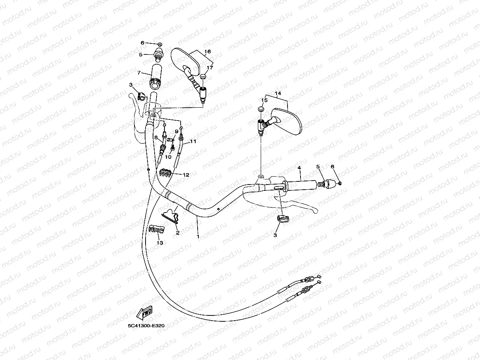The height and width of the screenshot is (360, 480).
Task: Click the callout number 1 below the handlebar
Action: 198,237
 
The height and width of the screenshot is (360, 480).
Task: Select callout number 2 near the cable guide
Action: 177,233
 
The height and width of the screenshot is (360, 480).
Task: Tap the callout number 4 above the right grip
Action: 299,168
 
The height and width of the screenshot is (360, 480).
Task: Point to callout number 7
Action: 139,73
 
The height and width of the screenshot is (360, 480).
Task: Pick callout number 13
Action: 160,243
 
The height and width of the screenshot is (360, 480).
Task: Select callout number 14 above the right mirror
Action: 278,93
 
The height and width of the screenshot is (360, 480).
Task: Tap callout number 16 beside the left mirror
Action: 207,52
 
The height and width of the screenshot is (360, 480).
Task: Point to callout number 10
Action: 168,157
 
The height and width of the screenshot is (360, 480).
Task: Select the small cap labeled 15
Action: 260,108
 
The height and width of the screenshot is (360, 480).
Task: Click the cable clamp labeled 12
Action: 165,172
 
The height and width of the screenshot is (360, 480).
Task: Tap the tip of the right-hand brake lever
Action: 314,211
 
